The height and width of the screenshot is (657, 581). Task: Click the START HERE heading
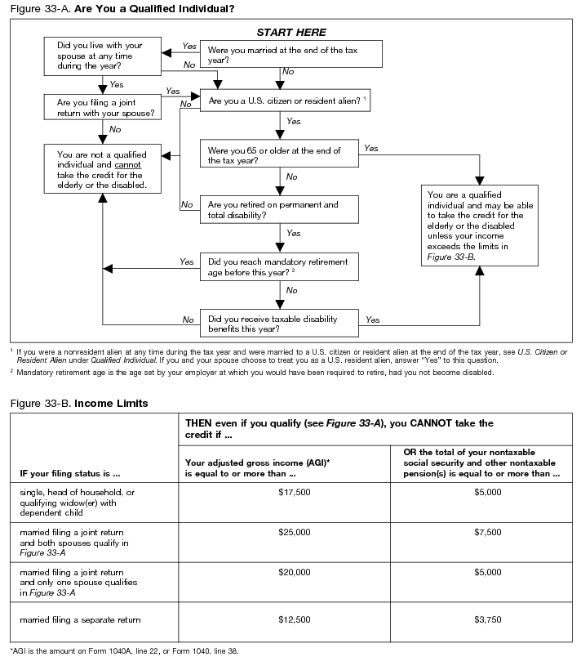(x=291, y=33)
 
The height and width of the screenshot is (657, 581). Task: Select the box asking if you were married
(x=290, y=55)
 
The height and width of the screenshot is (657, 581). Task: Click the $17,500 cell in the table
(x=294, y=492)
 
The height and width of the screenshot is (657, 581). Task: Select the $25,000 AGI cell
(x=294, y=532)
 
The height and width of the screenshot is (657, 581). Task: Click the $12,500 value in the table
(x=294, y=620)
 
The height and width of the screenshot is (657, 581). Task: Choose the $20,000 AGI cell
(x=294, y=573)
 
